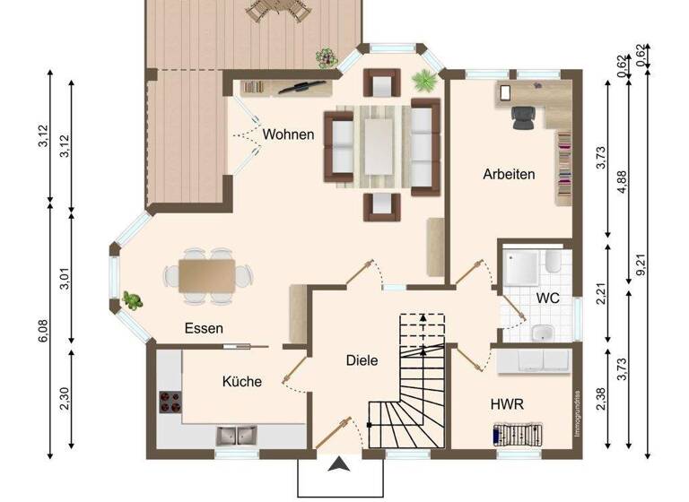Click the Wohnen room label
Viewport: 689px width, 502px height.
pos(288,134)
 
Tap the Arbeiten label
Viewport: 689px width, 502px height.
pos(509,174)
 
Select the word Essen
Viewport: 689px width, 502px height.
pos(204,328)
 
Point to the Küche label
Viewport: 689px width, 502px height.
pos(242,381)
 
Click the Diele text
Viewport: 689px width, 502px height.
pos(362,360)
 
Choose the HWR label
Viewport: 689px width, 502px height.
pos(507,404)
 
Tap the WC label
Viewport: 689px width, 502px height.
pos(548,297)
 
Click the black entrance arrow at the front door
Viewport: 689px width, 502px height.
pos(340,463)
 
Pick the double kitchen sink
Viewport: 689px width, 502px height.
pos(236,437)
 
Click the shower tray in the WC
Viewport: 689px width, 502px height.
pos(522,265)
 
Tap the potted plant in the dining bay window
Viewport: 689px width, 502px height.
pos(132,300)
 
